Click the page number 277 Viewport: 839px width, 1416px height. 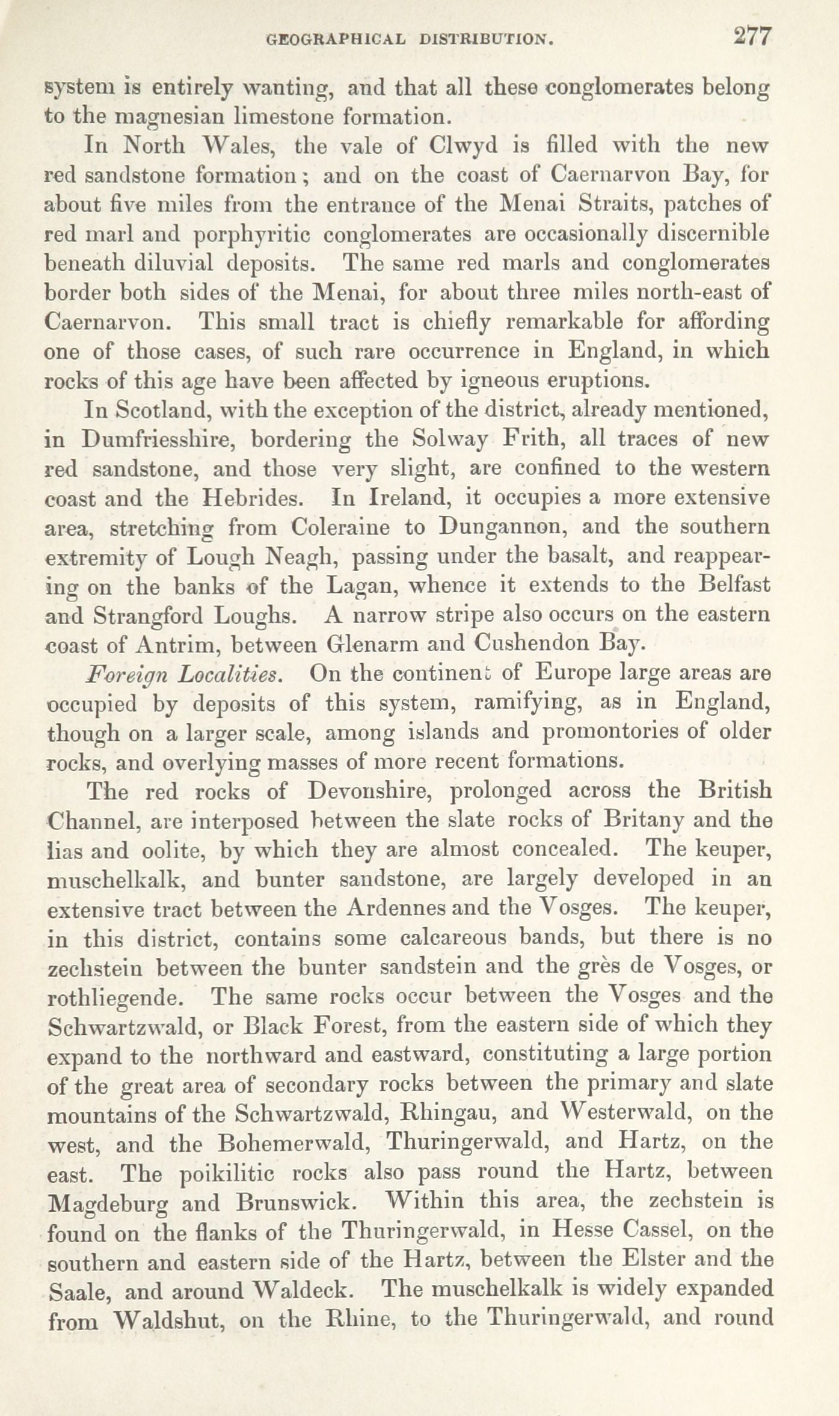tap(752, 37)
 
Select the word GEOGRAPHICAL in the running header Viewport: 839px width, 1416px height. tap(336, 40)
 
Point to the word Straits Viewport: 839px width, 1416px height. tap(616, 204)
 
